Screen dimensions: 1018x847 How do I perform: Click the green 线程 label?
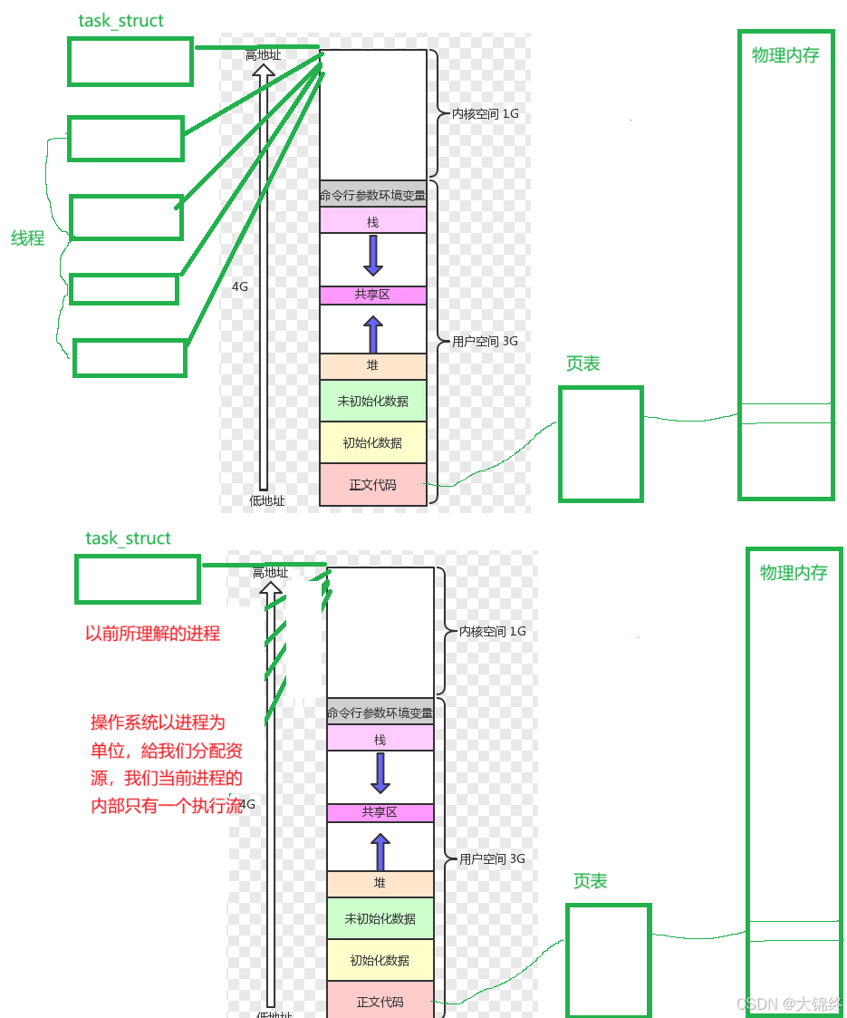click(x=28, y=239)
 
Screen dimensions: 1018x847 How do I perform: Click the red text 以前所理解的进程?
click(x=152, y=634)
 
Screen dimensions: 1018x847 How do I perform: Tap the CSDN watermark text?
click(x=789, y=1003)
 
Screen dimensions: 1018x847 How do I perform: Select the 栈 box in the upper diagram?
click(x=372, y=221)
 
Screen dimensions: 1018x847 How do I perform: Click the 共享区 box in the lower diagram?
click(x=380, y=812)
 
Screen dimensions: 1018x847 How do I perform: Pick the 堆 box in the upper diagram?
click(x=372, y=365)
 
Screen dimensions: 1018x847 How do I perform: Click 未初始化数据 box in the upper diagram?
click(x=372, y=401)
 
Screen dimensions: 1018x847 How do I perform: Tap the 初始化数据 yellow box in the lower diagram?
click(x=380, y=960)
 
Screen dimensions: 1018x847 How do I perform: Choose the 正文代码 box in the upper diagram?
click(x=372, y=485)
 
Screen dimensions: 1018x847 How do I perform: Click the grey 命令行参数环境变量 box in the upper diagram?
click(x=372, y=194)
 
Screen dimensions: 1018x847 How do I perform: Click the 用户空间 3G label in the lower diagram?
click(x=492, y=858)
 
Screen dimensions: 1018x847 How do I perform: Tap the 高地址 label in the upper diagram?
click(x=263, y=55)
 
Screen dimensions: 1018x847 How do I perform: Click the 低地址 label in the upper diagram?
click(x=266, y=500)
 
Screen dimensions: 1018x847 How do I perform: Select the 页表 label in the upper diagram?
click(x=582, y=364)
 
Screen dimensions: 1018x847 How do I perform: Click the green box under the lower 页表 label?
click(x=608, y=959)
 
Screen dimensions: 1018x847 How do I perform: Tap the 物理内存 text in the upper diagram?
click(x=785, y=55)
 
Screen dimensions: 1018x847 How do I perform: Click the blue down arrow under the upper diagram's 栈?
click(x=372, y=256)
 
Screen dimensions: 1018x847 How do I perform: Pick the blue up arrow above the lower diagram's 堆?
click(x=380, y=852)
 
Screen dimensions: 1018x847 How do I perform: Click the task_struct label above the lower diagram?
click(x=128, y=538)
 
